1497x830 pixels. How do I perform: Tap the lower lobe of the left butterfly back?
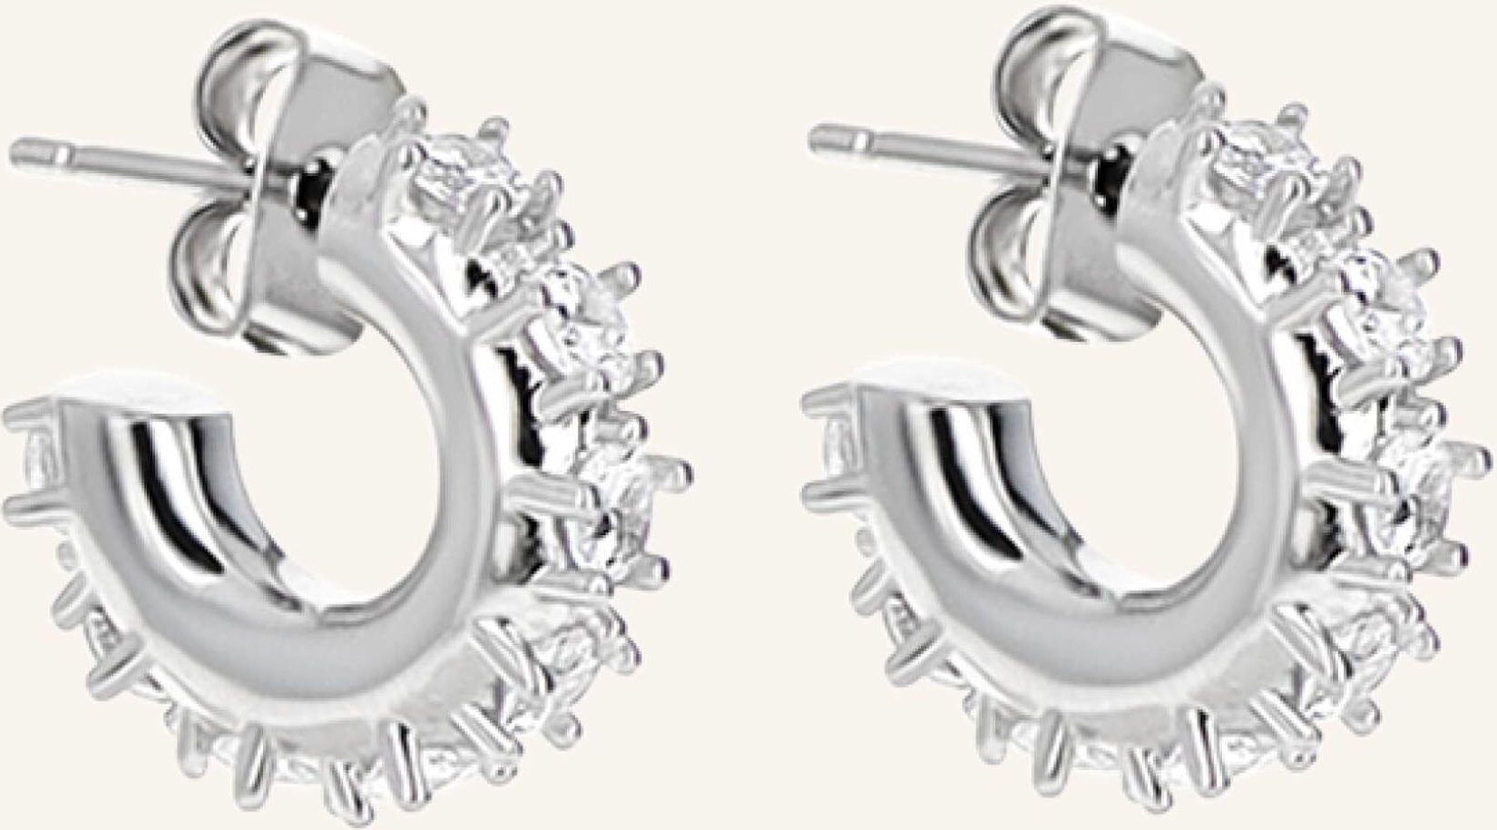click(218, 272)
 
